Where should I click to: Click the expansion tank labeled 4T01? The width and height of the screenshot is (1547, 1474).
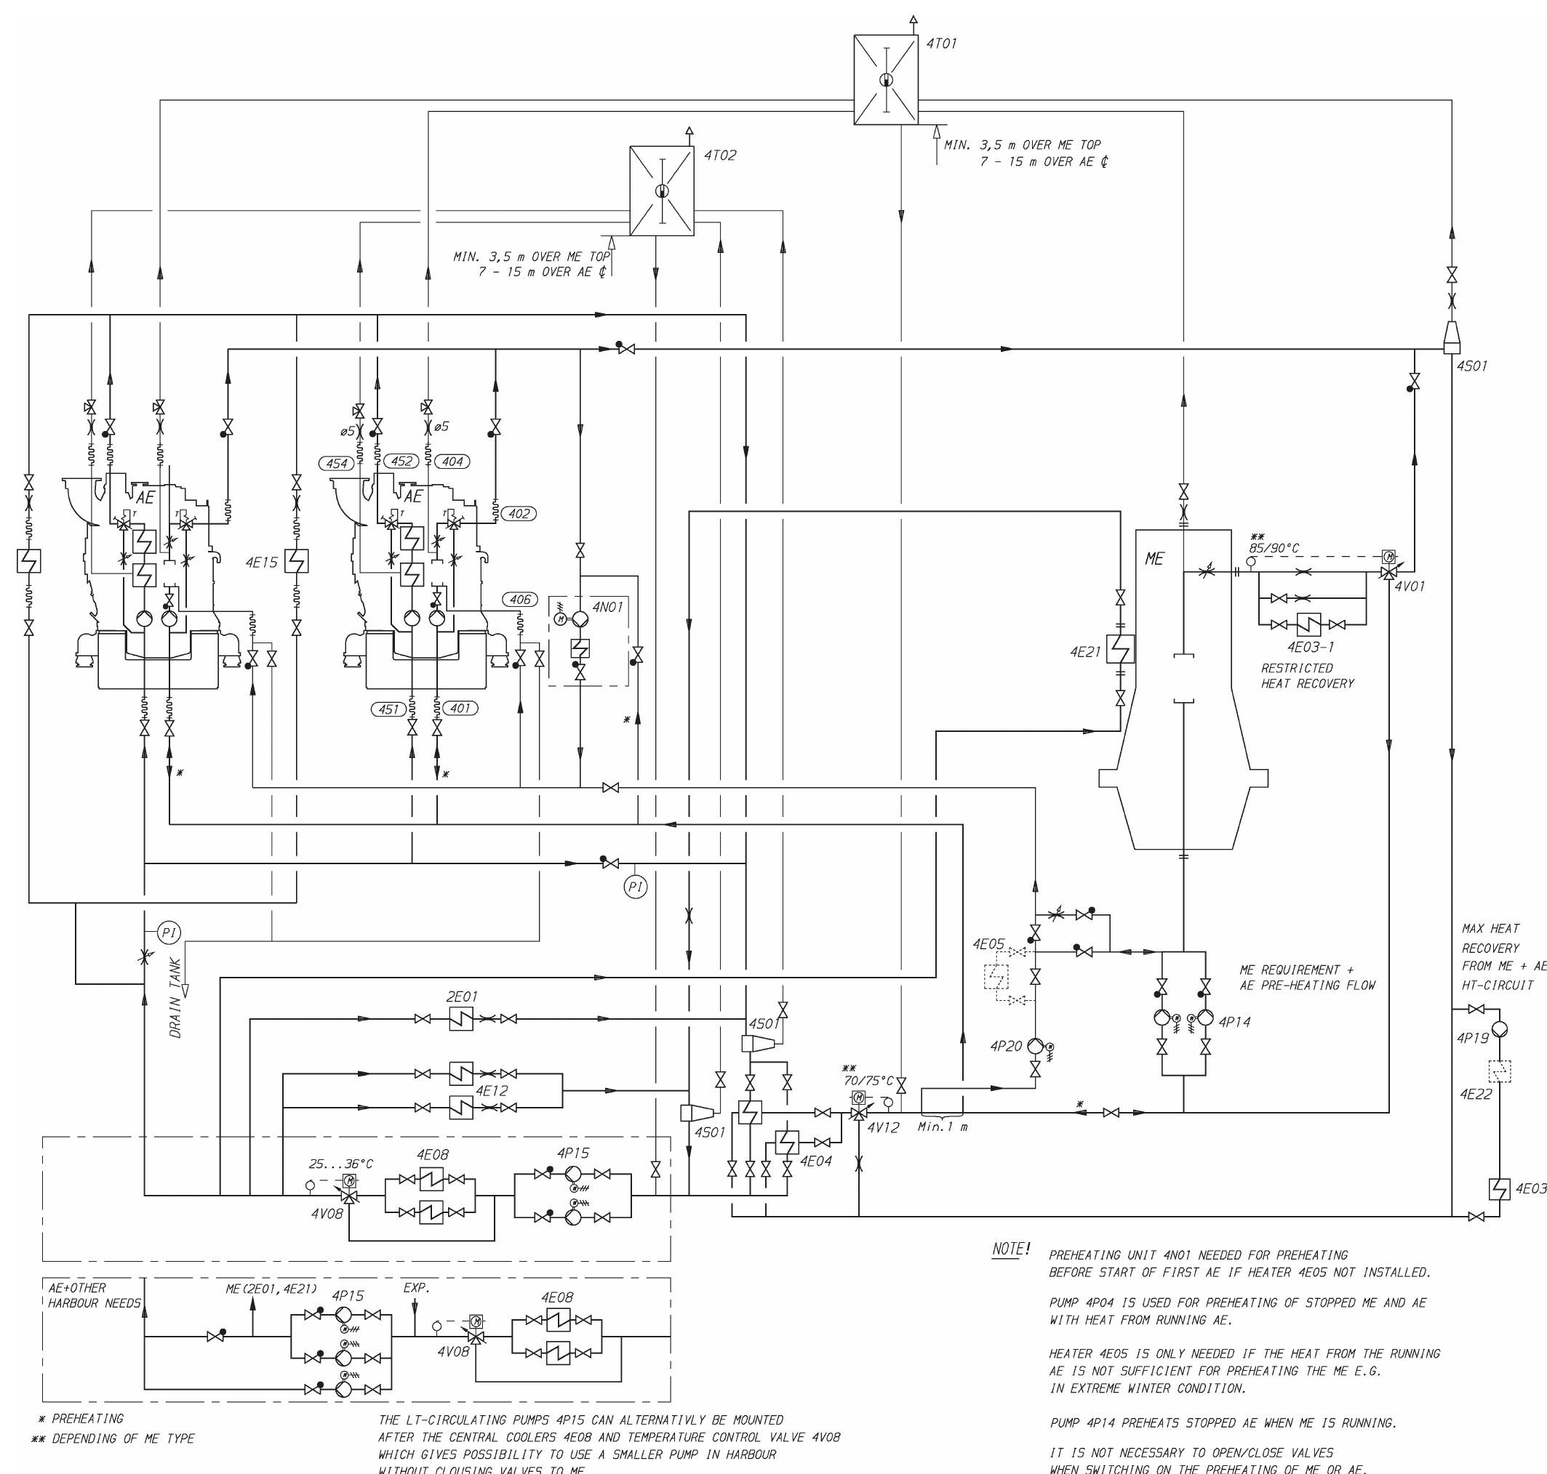[885, 79]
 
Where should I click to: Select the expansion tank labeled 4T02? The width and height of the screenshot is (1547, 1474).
[662, 191]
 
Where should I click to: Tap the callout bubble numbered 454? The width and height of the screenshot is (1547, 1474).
[337, 464]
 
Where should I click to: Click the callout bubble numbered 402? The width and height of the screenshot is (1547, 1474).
[519, 513]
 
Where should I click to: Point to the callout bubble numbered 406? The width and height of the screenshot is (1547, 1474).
[519, 600]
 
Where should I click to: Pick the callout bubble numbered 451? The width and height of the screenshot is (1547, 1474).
[388, 709]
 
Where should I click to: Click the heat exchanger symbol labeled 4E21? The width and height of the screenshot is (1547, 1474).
[1120, 649]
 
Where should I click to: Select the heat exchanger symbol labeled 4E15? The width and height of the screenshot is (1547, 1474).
[296, 561]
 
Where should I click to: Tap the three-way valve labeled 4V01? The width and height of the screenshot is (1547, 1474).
[1388, 573]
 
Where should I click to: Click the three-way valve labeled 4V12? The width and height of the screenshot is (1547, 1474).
[859, 1113]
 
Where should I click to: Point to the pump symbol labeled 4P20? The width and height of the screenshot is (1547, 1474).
[1035, 1046]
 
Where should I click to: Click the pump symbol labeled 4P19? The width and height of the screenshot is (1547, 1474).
[1500, 1028]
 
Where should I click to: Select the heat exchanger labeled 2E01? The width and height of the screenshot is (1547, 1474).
[461, 1019]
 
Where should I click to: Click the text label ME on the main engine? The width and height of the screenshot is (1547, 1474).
[1154, 559]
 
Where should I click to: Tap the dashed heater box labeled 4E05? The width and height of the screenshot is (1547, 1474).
[996, 977]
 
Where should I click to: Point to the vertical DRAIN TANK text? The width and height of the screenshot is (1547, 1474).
[175, 998]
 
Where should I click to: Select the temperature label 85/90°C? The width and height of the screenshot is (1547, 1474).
[1274, 547]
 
